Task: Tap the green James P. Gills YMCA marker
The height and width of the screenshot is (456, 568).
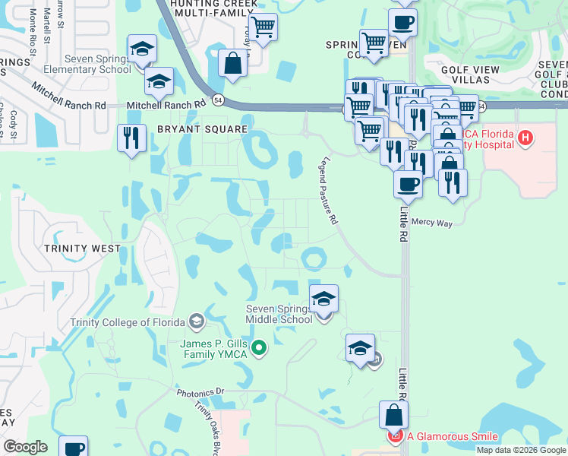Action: pos(259,348)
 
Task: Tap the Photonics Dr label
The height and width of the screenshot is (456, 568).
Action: pos(201,392)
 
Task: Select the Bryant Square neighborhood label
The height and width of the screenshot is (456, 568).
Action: pos(203,130)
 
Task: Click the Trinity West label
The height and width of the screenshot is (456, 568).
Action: pos(82,249)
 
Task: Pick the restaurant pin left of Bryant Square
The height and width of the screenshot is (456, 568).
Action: pos(132,138)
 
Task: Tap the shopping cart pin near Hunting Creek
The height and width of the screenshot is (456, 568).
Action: pos(263,28)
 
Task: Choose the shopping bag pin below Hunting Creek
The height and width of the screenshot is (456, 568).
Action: pos(233,64)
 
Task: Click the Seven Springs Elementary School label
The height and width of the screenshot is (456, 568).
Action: pos(87,64)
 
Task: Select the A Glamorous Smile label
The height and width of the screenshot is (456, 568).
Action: pos(453,436)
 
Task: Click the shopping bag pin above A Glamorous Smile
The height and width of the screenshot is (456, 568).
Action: pos(393,416)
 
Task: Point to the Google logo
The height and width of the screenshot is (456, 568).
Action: pos(26,447)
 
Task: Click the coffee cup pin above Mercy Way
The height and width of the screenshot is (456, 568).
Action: pos(409,184)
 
